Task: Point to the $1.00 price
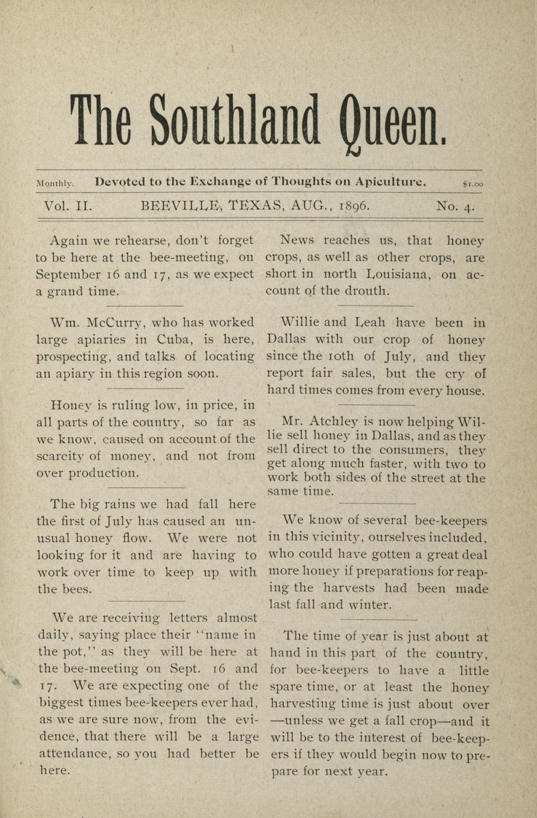pos(473,184)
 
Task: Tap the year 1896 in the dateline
pos(354,206)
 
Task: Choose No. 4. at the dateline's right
pos(455,206)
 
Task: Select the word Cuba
pos(173,340)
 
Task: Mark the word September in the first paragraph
pos(67,275)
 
